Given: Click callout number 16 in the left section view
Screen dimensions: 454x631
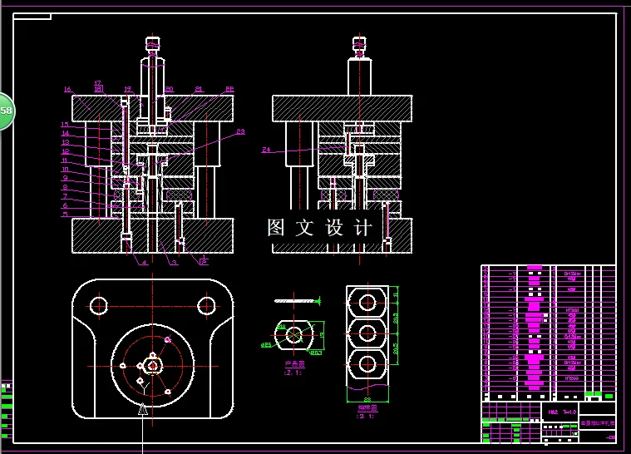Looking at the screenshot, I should [x=68, y=89].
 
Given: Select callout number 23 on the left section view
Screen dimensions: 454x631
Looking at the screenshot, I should [x=240, y=131].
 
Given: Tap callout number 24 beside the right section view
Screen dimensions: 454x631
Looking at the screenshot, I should [x=266, y=151].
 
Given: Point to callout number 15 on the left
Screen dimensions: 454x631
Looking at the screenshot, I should [x=65, y=125].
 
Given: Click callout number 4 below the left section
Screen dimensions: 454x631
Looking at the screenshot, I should [x=144, y=263].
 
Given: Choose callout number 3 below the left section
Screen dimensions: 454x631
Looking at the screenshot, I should [x=174, y=263].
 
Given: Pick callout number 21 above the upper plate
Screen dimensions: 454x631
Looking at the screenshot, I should [x=199, y=89].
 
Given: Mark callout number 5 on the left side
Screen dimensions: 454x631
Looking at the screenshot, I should [x=65, y=215].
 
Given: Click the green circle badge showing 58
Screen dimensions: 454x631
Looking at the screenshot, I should [x=4, y=111].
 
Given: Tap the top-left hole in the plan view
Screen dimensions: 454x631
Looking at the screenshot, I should [x=99, y=305].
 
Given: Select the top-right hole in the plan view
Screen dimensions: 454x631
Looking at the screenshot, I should [x=206, y=305].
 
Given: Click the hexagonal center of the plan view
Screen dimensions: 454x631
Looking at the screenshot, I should [x=153, y=364].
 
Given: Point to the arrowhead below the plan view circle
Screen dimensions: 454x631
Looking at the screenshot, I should [x=143, y=408].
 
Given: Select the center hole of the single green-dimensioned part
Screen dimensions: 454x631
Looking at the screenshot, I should [x=294, y=334].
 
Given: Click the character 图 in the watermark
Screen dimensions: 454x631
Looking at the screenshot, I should [x=277, y=228].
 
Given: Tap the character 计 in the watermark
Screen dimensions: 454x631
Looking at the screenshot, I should [x=363, y=228].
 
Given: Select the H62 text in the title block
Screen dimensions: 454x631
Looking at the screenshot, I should [x=553, y=411].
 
